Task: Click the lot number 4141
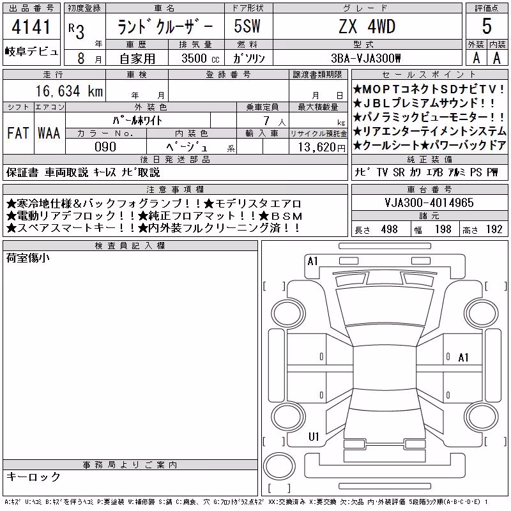click(31, 27)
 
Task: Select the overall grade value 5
click(487, 26)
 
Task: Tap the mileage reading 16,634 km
click(69, 91)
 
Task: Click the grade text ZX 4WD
click(367, 26)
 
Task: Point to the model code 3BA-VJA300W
click(365, 58)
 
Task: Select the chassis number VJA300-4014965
click(429, 202)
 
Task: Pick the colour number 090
click(105, 147)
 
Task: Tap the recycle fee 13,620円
click(321, 148)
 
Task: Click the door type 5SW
click(247, 26)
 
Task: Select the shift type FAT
click(18, 133)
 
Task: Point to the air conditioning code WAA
click(49, 133)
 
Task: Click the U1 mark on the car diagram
click(314, 436)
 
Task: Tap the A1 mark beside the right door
click(463, 358)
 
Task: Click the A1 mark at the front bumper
click(312, 261)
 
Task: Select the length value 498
click(390, 229)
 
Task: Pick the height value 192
click(494, 229)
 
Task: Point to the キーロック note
click(33, 477)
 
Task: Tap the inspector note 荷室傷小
click(28, 258)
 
